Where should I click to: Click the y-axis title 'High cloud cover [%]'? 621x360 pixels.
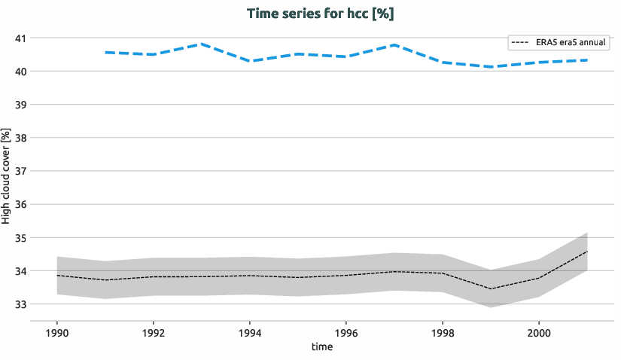(7, 175)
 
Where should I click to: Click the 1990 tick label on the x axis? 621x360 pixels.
(57, 332)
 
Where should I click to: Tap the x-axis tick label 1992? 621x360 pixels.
(154, 332)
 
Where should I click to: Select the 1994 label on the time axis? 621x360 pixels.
(250, 332)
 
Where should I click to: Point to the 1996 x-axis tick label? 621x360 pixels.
(346, 332)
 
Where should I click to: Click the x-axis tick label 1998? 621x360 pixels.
(442, 332)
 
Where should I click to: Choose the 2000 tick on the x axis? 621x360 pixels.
(538, 332)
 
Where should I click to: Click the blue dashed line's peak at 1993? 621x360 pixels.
(202, 44)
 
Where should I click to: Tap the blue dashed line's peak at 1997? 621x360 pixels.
(394, 45)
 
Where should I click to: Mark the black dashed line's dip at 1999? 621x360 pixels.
(490, 288)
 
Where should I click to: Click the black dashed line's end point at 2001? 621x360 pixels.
(586, 252)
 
